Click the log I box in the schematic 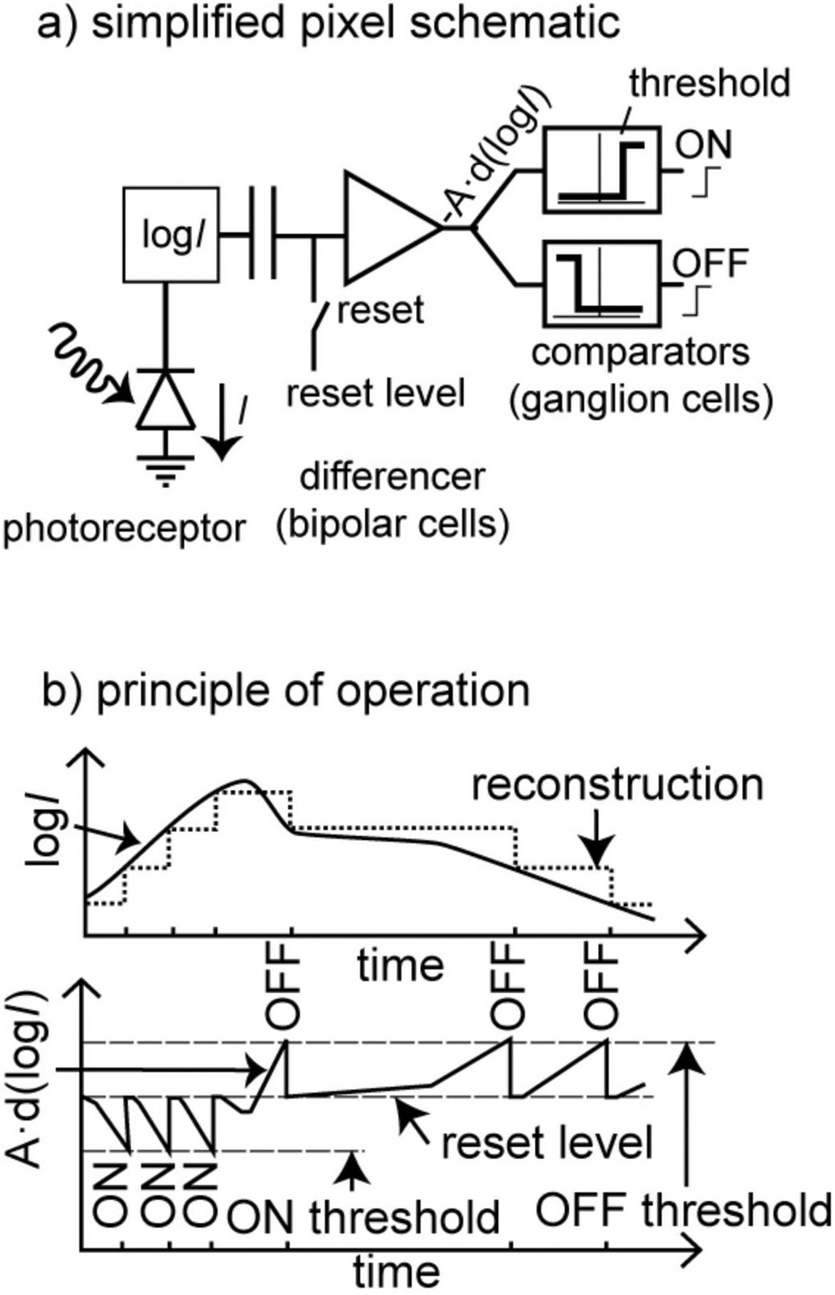click(x=171, y=235)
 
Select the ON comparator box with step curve click(x=602, y=171)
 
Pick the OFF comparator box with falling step click(x=602, y=284)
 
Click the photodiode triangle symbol click(x=166, y=401)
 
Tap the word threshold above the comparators click(x=709, y=83)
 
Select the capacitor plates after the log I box click(x=261, y=235)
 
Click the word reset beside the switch click(x=379, y=309)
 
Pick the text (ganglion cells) click(x=640, y=400)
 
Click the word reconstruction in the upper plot click(x=617, y=785)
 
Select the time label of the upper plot click(x=401, y=966)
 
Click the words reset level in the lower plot click(x=547, y=1144)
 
